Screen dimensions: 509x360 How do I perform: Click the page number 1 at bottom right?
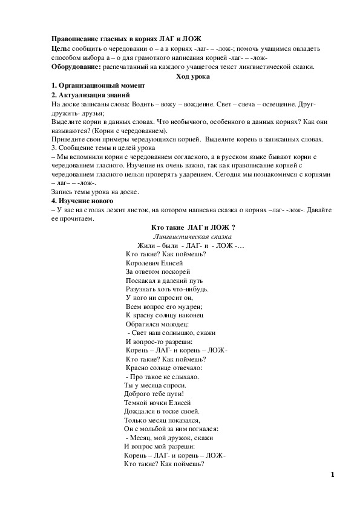coord(332,475)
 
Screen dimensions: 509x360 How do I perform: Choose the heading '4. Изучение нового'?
coord(82,201)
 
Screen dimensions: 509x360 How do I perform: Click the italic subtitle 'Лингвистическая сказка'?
coord(193,236)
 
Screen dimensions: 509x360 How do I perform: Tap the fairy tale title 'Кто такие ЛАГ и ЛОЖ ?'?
coord(192,227)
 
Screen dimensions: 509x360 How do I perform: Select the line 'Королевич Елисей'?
coord(154,263)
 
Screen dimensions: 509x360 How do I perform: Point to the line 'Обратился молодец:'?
coord(157,324)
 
